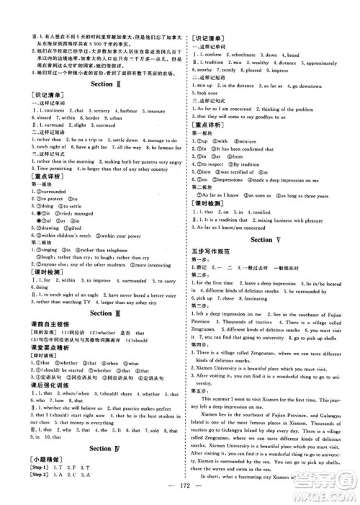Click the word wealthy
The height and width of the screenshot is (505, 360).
254,63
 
